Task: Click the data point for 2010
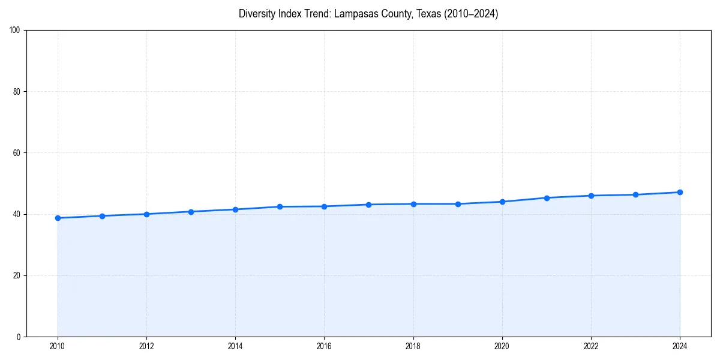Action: pos(58,218)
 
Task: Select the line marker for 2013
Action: pos(191,212)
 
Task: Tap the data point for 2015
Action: pos(280,206)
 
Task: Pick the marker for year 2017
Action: pos(368,205)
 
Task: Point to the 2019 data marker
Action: pos(458,204)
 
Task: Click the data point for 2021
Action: pos(547,198)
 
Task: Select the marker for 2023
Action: pos(635,194)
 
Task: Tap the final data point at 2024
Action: pos(680,192)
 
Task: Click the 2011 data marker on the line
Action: pos(102,216)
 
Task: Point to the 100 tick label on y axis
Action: pos(15,31)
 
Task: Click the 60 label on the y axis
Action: pos(17,153)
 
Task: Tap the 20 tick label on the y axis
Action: pos(17,275)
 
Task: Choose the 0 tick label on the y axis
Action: pos(19,337)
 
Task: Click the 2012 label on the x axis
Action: pos(146,346)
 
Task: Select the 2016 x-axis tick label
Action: pos(324,346)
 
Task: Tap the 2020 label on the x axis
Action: pos(502,346)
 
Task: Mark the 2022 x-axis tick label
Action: pos(591,346)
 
